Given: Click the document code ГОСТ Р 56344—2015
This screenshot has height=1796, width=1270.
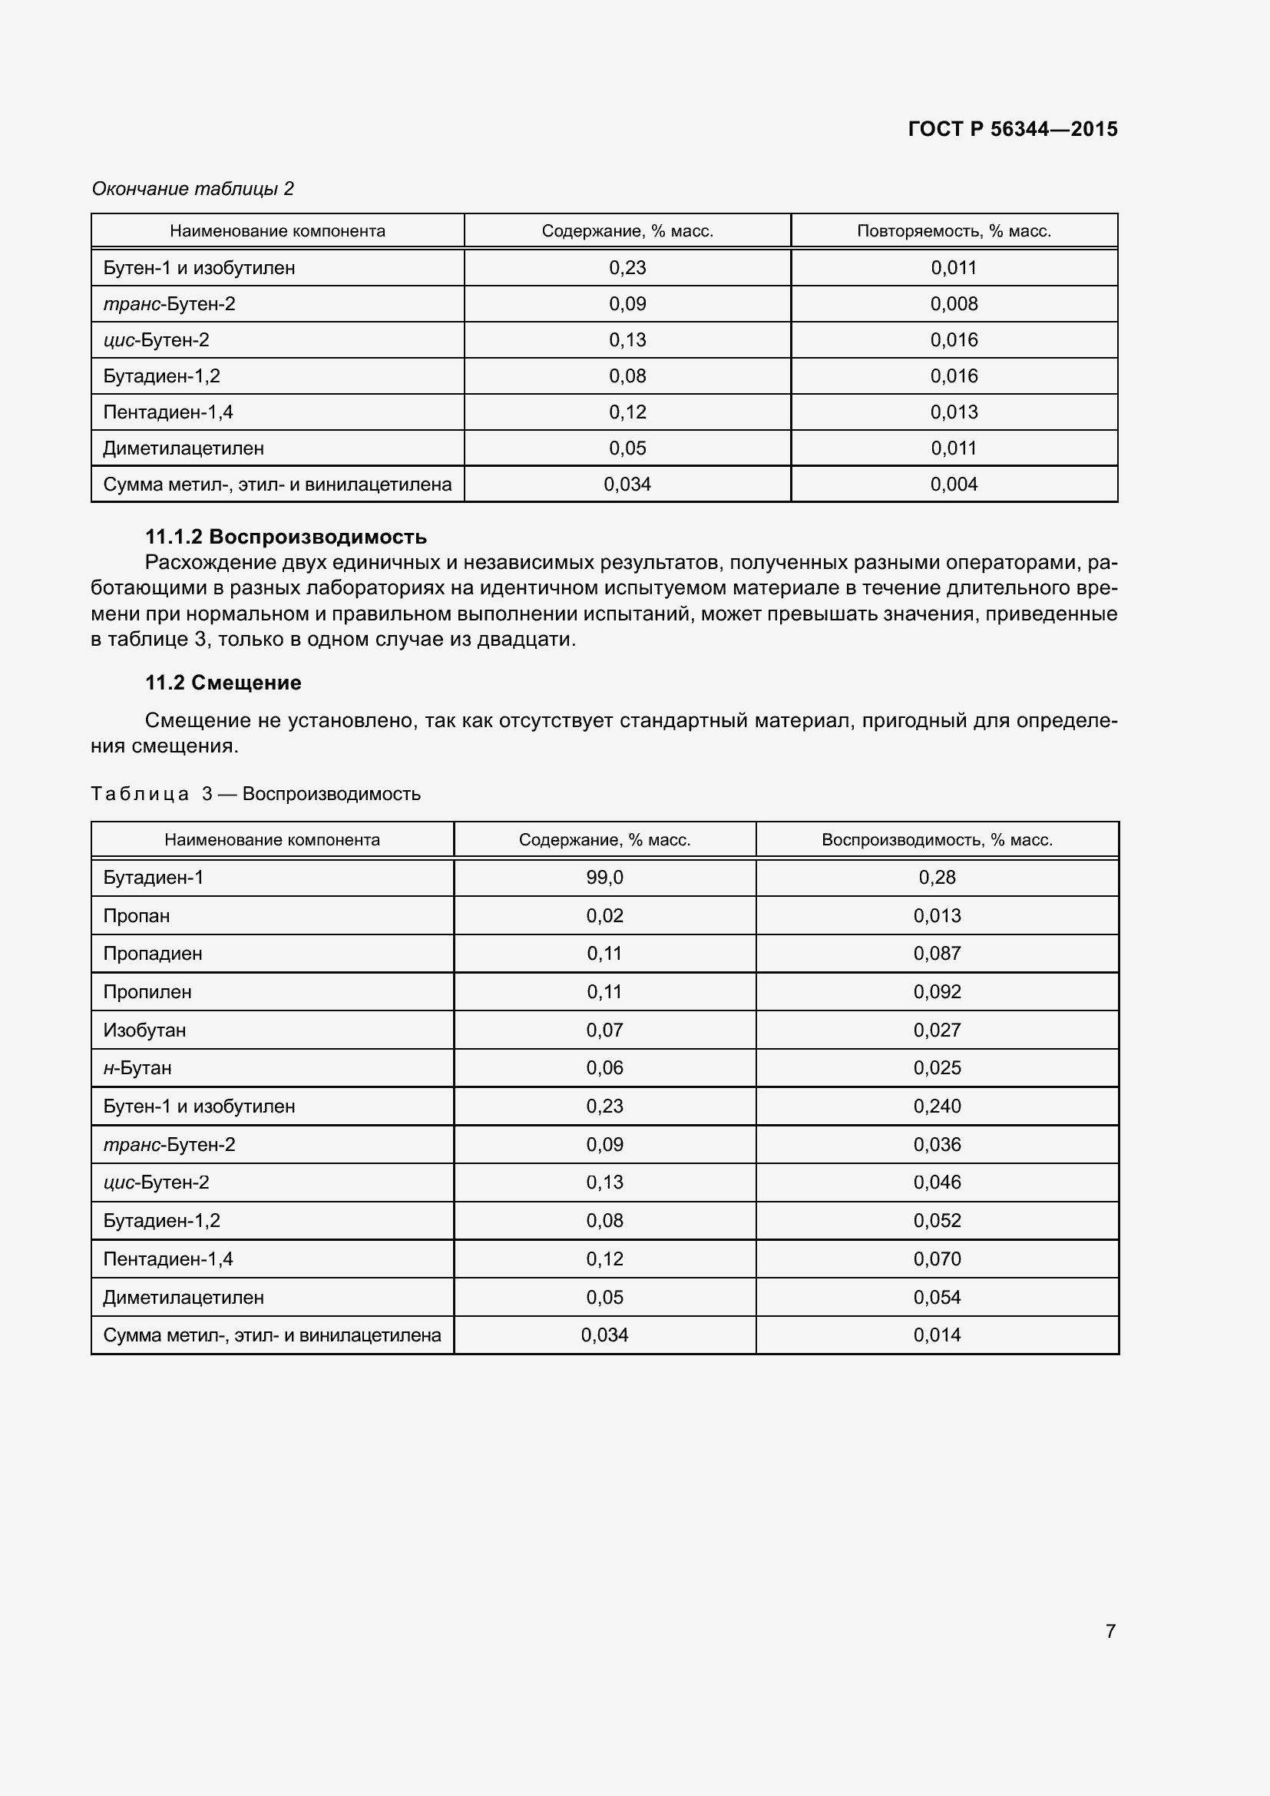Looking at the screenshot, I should pos(1012,129).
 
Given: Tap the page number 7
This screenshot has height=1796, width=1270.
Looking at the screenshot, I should pos(1110,1630).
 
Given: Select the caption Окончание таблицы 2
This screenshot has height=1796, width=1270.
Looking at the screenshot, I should pos(193,189).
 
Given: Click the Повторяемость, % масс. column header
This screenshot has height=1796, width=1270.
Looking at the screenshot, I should pos(954,231).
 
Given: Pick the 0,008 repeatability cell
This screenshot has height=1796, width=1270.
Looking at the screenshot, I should pos(954,303).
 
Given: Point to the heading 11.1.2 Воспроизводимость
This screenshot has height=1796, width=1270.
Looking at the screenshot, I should pos(286,537).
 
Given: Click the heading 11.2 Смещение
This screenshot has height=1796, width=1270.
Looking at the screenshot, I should pos(223,682).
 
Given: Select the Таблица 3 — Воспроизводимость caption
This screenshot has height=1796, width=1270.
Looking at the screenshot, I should pos(256,794).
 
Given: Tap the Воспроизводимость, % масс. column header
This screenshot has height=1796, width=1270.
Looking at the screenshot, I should pos(937,839).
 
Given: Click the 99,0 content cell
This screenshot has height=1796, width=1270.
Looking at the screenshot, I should pos(604,877).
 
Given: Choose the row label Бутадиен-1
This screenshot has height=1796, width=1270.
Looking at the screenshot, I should pos(154,877).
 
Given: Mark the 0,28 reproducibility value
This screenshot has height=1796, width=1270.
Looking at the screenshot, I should pos(937,877).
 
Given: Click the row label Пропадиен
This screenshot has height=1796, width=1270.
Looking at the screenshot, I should pos(153,954).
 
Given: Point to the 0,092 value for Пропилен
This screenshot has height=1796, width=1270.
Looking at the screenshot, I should pos(937,991).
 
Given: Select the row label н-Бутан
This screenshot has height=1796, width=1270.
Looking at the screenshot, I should pos(137,1068).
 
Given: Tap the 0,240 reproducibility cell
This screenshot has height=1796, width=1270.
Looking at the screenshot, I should pos(937,1106).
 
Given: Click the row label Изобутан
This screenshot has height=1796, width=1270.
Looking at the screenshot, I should pos(144,1030).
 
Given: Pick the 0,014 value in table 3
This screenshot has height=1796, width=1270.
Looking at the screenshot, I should pos(937,1335).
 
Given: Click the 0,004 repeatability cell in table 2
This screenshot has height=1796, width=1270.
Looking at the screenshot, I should pos(954,485).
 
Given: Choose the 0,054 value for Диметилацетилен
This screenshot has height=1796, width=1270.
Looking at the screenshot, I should pos(937,1297).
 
